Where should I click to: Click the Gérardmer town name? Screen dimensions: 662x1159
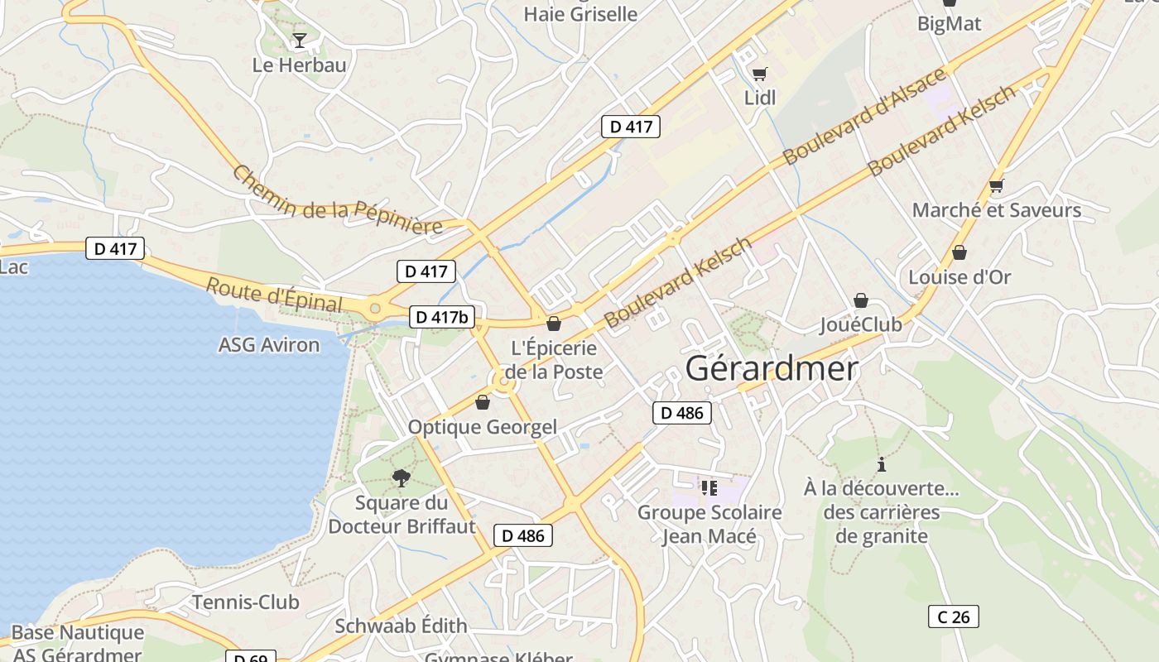(772, 368)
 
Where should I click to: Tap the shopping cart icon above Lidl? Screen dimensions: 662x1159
(760, 74)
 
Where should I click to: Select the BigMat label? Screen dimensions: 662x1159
(949, 23)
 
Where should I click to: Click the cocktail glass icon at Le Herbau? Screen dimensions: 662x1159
(300, 40)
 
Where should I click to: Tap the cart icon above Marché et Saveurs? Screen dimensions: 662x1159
(997, 186)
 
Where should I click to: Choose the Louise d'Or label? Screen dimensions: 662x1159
(959, 277)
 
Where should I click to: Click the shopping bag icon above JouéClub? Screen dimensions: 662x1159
(861, 300)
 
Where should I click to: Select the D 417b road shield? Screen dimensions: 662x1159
(442, 316)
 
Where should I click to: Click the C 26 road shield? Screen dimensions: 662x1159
(953, 616)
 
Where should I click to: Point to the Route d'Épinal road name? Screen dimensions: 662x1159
(274, 295)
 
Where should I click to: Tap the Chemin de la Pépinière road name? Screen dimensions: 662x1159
(337, 200)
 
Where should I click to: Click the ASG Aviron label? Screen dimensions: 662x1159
(269, 345)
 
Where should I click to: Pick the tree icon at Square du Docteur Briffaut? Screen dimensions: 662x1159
(402, 477)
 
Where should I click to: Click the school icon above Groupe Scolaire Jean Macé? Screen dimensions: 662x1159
(709, 488)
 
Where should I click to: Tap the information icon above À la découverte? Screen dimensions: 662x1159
(882, 464)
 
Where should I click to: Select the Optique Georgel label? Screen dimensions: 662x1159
(483, 427)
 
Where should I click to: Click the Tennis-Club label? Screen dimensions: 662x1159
(246, 602)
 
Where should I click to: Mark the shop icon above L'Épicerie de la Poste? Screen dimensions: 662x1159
(554, 324)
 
